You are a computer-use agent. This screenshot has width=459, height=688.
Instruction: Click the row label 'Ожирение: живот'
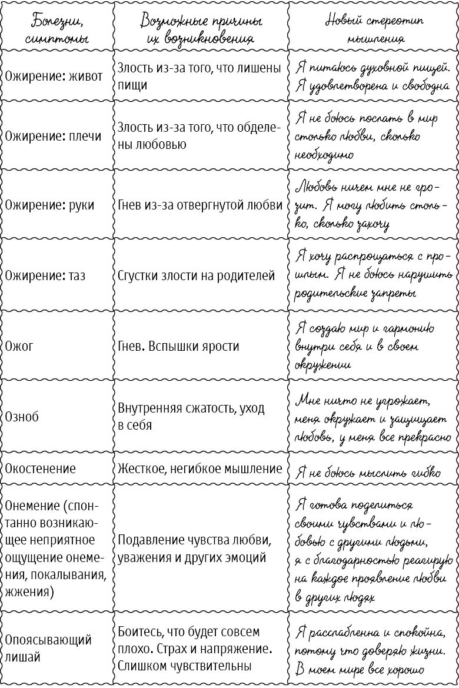tap(54, 77)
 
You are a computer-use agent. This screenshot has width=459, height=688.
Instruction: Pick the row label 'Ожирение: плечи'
tap(54, 136)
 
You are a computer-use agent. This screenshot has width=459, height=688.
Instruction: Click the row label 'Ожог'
tap(19, 345)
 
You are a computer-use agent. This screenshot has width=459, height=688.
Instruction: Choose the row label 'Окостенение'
tap(41, 468)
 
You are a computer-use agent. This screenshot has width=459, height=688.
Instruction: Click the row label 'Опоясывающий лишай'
tap(48, 649)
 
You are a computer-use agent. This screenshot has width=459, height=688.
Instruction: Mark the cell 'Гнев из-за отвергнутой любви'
tap(200, 205)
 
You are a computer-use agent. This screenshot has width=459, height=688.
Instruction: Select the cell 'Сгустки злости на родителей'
tap(196, 275)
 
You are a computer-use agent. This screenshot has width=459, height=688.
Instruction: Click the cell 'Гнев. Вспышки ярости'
tap(178, 345)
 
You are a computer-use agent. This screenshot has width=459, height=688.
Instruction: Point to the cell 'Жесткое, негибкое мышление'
tap(200, 468)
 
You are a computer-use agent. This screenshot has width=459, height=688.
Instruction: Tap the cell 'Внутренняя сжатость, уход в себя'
tap(191, 416)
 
